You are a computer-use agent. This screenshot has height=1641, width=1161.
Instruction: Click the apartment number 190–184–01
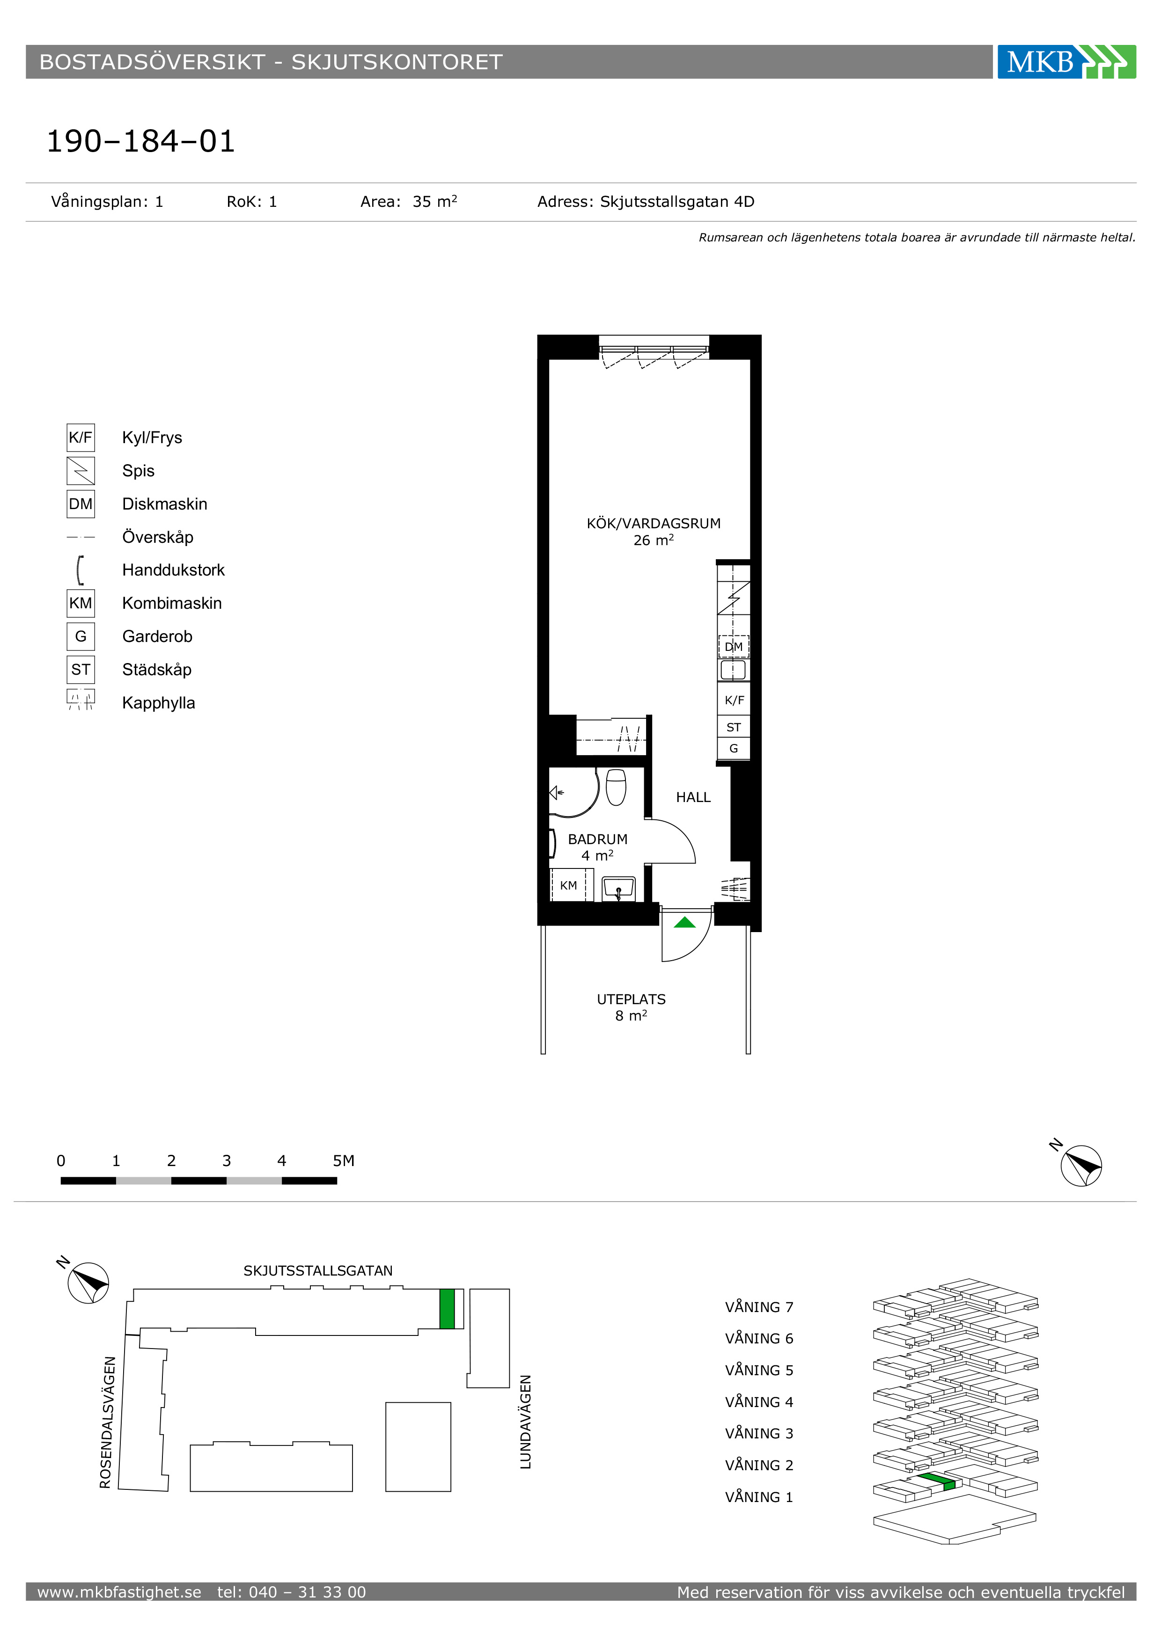tap(141, 141)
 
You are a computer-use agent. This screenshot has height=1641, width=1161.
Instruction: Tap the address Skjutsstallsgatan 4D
tap(676, 202)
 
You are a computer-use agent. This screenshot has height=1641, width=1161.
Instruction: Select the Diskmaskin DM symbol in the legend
tap(81, 504)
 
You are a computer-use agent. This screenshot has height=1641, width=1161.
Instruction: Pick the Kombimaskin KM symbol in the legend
tap(81, 603)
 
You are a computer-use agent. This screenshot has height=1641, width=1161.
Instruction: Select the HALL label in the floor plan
tap(693, 797)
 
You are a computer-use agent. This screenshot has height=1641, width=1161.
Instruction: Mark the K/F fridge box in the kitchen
tap(734, 700)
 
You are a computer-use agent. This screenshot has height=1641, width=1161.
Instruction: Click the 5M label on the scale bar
tap(343, 1161)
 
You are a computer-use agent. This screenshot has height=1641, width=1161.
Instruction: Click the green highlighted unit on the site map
tap(447, 1309)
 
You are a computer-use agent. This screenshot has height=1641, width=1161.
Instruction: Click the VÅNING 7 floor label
tap(759, 1307)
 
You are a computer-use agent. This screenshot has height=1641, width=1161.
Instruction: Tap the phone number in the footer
tap(292, 1592)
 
